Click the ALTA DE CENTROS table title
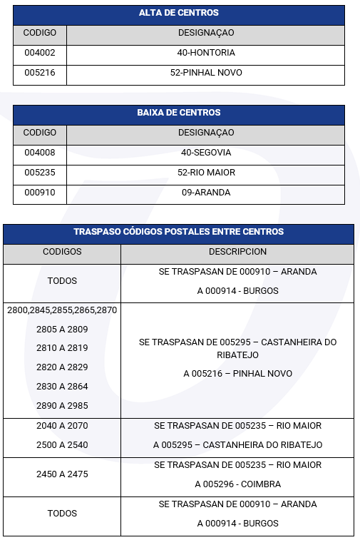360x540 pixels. coord(178,13)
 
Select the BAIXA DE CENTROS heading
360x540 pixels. coord(178,113)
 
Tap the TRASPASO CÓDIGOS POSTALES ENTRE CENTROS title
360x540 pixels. coord(178,232)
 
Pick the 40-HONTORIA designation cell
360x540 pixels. coord(206,53)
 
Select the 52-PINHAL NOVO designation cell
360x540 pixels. coord(206,73)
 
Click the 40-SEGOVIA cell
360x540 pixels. coord(206,153)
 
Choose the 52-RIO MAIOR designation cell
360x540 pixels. coord(206,173)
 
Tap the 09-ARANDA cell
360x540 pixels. coord(206,193)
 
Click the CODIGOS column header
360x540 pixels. coord(62,252)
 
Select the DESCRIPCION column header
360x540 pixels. coord(237,252)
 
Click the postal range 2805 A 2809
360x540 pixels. coord(62,330)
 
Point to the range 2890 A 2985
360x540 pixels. coord(62,406)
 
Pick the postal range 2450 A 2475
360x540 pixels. coord(62,474)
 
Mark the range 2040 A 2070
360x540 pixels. coord(62,426)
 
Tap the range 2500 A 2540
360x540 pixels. coord(62,445)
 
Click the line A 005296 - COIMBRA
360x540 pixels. coord(237,484)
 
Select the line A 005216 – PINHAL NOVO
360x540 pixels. coord(237,374)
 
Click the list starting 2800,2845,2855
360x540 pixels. coord(62,310)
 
